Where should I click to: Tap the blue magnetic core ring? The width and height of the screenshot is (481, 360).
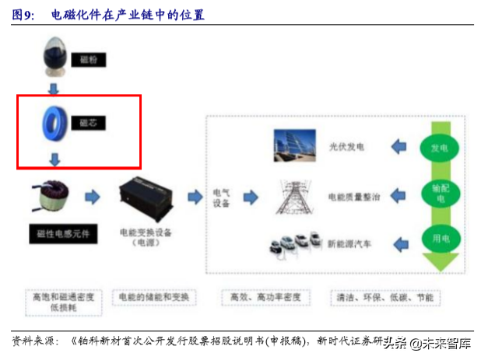point(55,123)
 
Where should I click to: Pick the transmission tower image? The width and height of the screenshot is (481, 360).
point(294,196)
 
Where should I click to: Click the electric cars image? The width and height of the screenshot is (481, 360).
point(294,244)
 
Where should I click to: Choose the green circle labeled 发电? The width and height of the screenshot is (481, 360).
point(440,146)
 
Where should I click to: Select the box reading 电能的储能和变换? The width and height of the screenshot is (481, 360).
point(154,298)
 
